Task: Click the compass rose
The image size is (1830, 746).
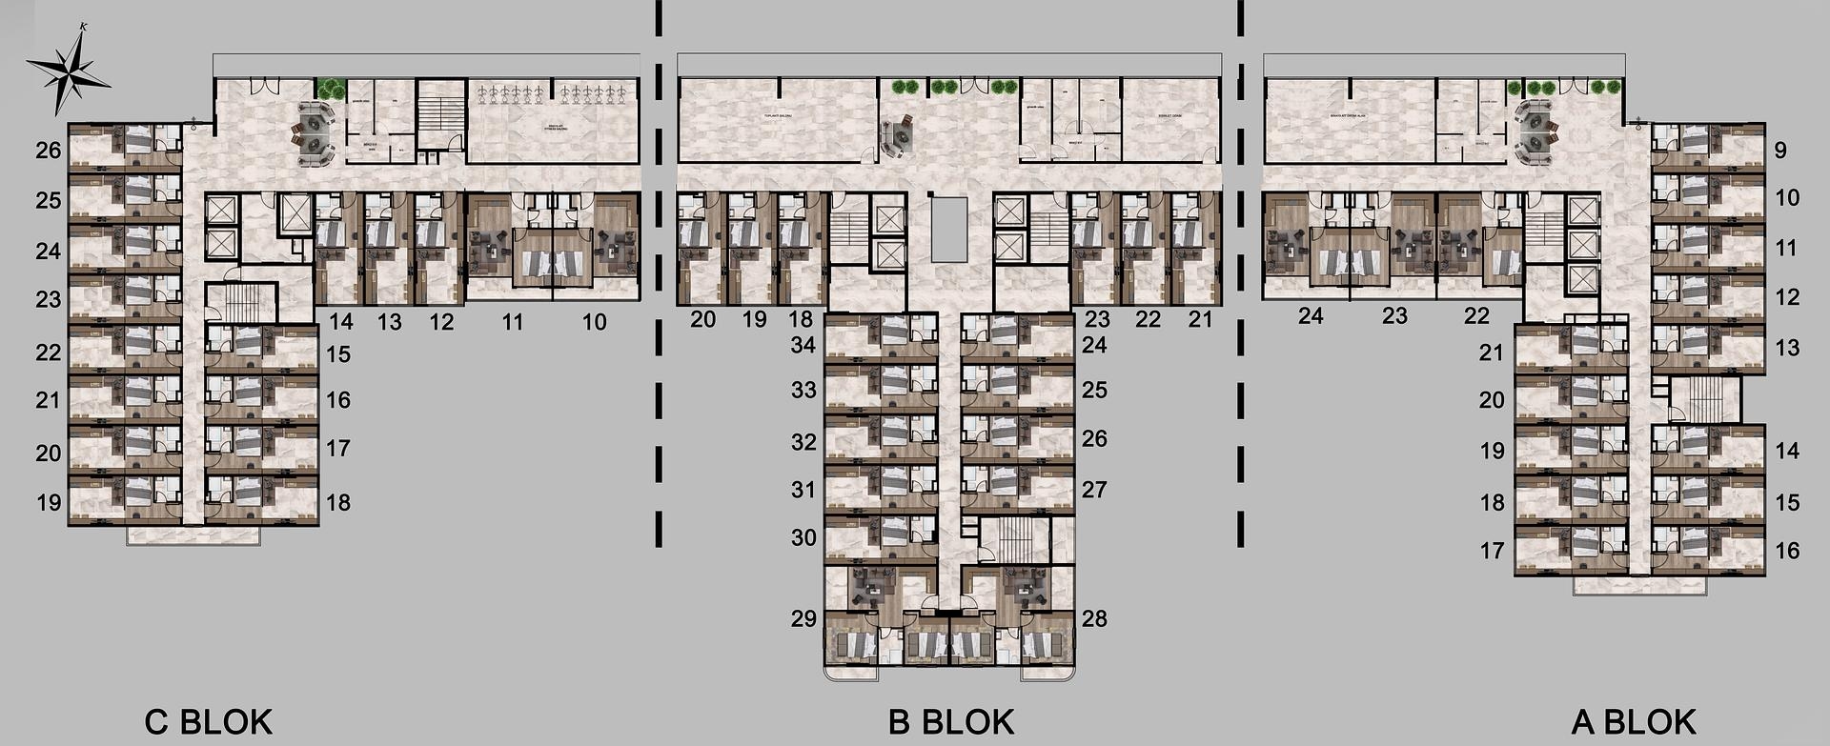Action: (x=67, y=70)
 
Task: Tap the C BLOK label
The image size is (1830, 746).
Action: (x=208, y=721)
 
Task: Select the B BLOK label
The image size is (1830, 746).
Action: (x=950, y=721)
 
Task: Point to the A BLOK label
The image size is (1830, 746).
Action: (x=1634, y=721)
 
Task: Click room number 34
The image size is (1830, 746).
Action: (x=803, y=344)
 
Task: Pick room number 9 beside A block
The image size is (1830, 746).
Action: (x=1780, y=150)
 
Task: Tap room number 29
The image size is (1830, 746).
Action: (x=803, y=618)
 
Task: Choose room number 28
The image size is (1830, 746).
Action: (x=1094, y=618)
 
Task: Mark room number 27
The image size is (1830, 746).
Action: (x=1094, y=489)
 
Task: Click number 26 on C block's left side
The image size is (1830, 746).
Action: (x=49, y=150)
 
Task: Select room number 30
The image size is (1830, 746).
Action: (x=803, y=537)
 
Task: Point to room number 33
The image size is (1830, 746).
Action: (x=803, y=390)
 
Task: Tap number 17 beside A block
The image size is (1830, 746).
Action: (x=1492, y=550)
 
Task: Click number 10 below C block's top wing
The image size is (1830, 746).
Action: (x=594, y=322)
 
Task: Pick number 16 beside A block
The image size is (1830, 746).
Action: (x=1787, y=550)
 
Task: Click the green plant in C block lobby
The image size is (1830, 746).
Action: (x=331, y=89)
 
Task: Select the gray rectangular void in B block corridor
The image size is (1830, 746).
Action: (x=948, y=229)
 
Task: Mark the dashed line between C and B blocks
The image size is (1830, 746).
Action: (x=659, y=276)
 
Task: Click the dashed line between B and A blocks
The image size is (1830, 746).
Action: (x=1240, y=276)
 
